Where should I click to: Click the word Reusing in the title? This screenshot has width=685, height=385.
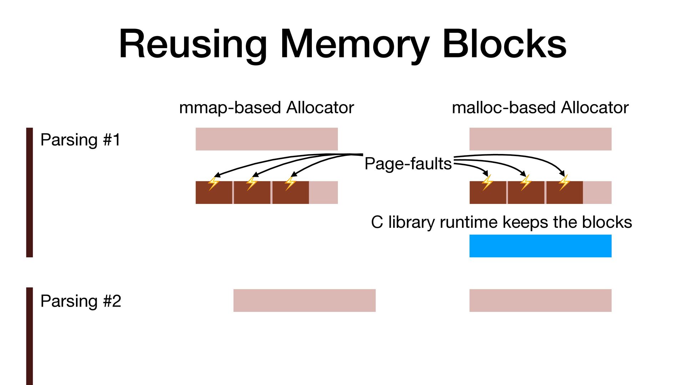click(x=193, y=44)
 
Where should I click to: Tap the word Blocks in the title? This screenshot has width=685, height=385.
click(x=504, y=44)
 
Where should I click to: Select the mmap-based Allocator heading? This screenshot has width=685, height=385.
click(x=266, y=108)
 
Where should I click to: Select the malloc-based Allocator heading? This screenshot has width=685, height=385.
click(x=540, y=108)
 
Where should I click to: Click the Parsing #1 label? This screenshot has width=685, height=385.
click(x=80, y=140)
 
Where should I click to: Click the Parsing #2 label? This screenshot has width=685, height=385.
click(x=81, y=301)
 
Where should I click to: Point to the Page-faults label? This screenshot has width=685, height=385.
click(x=408, y=164)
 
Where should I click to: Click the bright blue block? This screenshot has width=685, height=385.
click(x=540, y=246)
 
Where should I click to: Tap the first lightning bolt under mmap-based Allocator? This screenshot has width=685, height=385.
click(x=214, y=183)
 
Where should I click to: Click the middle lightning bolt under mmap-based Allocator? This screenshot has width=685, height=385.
click(x=252, y=183)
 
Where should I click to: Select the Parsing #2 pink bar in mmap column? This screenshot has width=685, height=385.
click(x=304, y=301)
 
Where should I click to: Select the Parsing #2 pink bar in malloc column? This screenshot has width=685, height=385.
click(x=540, y=301)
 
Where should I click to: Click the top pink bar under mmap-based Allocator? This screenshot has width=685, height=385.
click(x=267, y=139)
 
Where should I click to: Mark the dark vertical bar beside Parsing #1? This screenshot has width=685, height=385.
click(x=30, y=192)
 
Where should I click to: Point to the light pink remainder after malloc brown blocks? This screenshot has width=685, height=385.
click(x=597, y=192)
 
